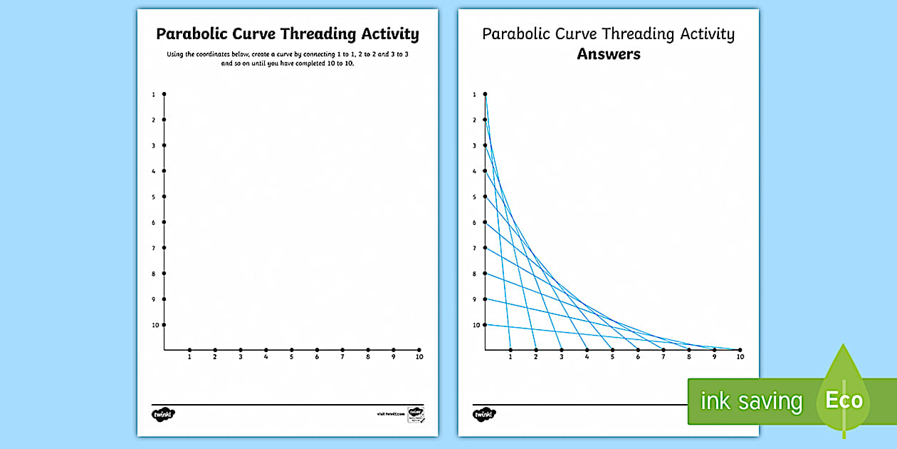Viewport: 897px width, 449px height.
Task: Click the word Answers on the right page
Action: click(609, 54)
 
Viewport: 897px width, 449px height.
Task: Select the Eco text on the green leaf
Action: click(844, 400)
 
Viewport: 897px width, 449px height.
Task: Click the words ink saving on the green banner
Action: click(751, 401)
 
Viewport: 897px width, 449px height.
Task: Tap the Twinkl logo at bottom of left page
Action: click(163, 414)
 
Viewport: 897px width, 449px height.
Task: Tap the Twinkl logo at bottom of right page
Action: click(483, 414)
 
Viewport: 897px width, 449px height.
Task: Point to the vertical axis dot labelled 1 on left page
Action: click(164, 94)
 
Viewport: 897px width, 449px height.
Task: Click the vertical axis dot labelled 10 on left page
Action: click(164, 325)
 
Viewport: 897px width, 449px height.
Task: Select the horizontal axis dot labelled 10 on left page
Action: click(419, 350)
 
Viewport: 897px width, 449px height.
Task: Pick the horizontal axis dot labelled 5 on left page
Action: click(291, 350)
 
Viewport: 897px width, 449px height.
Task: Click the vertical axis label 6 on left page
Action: click(153, 222)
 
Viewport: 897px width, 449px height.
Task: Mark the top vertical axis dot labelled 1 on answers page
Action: click(485, 94)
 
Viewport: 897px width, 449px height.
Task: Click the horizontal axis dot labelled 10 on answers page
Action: click(740, 350)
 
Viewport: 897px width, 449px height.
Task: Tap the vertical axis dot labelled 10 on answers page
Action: click(485, 325)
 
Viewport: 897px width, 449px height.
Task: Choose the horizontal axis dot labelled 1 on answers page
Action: click(510, 350)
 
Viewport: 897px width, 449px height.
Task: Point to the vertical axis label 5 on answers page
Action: click(474, 197)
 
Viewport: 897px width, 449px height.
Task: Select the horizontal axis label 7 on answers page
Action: click(663, 357)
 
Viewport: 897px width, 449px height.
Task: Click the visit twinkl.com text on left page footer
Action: click(390, 414)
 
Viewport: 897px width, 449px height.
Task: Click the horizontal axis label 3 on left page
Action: click(241, 357)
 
